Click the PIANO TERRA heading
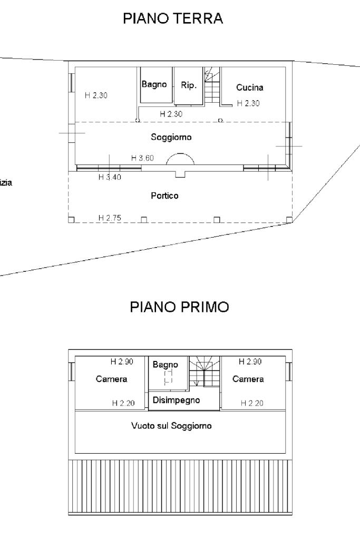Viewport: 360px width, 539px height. [x=173, y=18]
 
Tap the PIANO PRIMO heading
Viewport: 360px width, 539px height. [x=180, y=307]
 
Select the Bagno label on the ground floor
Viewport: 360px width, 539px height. [x=154, y=84]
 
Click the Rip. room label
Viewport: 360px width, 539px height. [x=189, y=85]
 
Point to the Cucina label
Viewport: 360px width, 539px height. [x=250, y=87]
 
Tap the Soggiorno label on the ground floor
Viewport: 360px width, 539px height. [x=171, y=137]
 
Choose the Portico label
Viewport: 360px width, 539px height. [x=164, y=195]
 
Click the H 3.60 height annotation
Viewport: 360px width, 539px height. [x=142, y=158]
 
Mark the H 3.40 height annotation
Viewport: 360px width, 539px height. [x=110, y=177]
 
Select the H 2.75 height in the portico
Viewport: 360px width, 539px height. [x=110, y=218]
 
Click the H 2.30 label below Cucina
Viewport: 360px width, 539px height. [x=248, y=103]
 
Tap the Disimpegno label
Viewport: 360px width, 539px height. [x=177, y=400]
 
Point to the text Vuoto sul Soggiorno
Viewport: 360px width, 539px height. [x=171, y=426]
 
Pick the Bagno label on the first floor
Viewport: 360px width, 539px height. [x=166, y=365]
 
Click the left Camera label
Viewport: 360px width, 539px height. [x=111, y=379]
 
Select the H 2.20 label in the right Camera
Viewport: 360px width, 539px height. [x=252, y=403]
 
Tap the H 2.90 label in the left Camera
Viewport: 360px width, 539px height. [x=122, y=361]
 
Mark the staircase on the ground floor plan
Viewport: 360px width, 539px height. [x=212, y=85]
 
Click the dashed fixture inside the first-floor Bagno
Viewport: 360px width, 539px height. [x=168, y=377]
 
